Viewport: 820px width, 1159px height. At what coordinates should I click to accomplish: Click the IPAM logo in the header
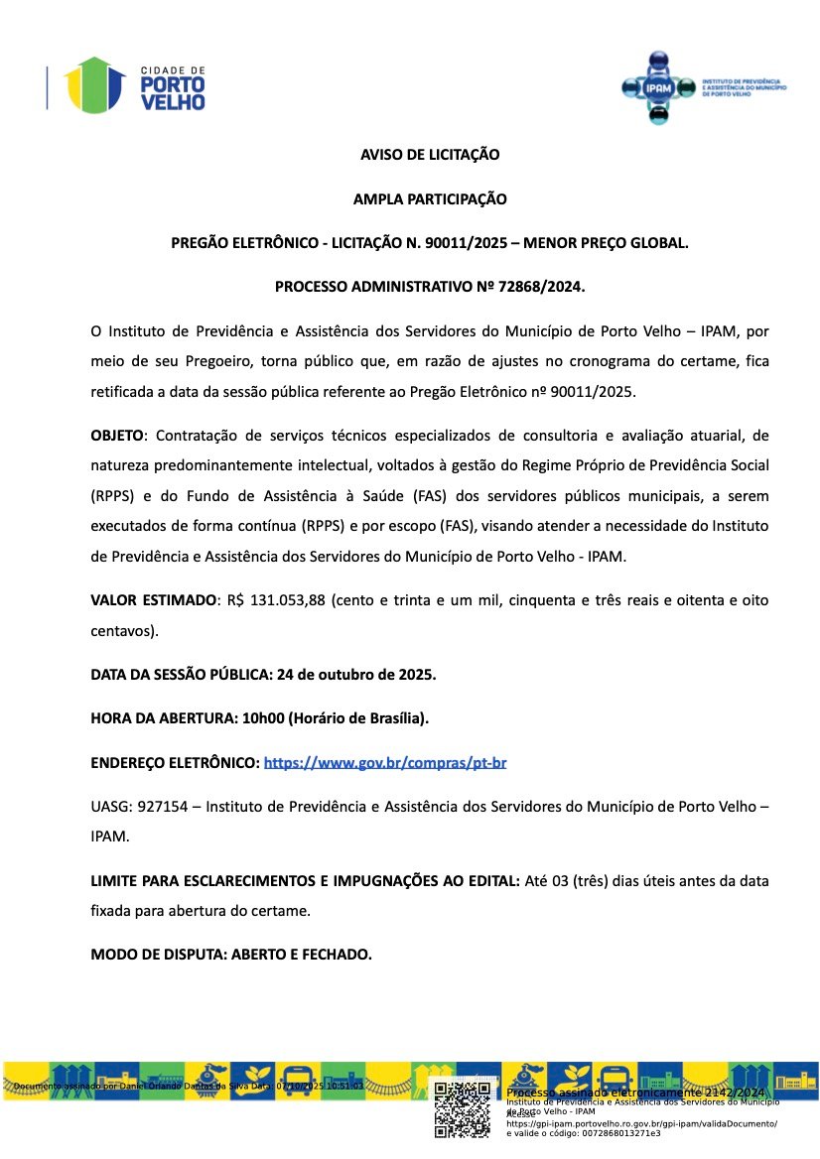pos(701,86)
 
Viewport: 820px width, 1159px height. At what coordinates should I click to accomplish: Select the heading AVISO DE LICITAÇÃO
pos(429,155)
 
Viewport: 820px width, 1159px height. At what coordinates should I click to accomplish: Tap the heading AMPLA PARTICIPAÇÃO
pos(429,199)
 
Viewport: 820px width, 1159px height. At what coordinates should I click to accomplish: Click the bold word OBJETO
pos(117,436)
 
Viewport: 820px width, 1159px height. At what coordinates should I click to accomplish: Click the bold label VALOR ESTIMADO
pos(153,600)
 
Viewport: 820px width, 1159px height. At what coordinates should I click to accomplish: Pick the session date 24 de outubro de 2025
pos(355,675)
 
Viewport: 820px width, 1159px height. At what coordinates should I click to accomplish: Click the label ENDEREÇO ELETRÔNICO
pos(174,763)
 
